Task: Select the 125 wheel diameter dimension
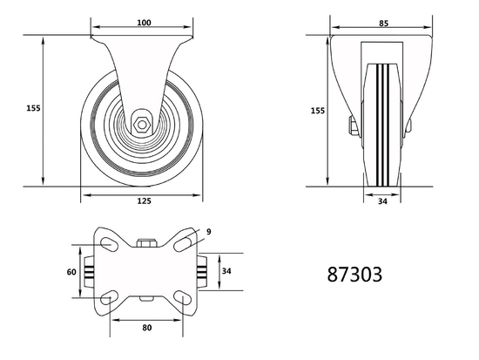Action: click(144, 201)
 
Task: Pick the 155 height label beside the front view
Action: click(318, 111)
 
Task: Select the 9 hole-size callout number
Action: click(209, 231)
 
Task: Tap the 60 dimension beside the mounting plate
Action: click(71, 271)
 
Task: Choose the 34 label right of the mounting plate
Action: click(226, 271)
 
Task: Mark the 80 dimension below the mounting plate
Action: click(146, 329)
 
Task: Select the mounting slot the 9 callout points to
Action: click(183, 243)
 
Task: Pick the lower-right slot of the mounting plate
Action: click(183, 299)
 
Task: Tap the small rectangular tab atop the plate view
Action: click(145, 242)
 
